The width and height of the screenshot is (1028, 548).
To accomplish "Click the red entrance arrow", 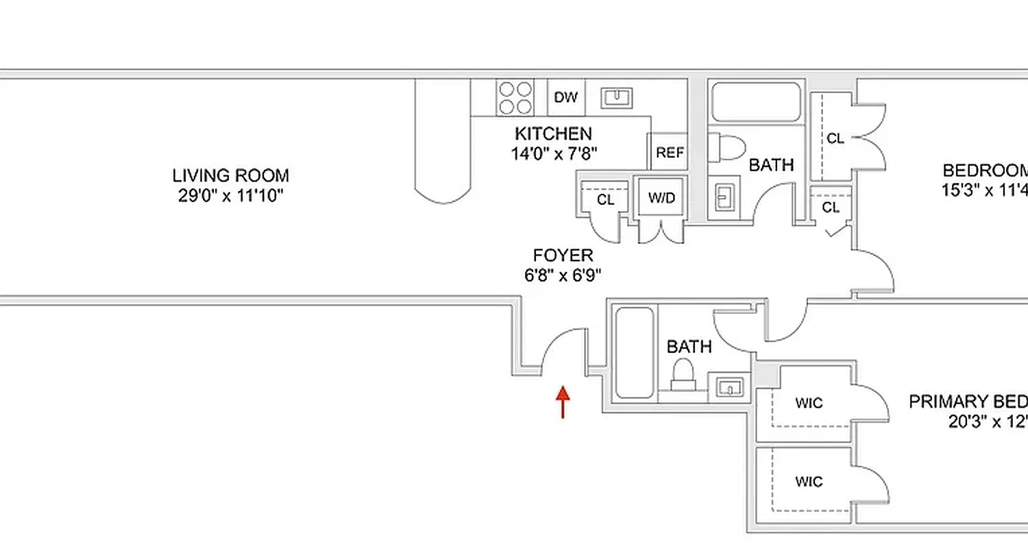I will [x=563, y=401].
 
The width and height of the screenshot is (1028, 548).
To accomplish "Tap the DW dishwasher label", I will [x=565, y=97].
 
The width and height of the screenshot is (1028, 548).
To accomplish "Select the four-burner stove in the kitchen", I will [x=515, y=97].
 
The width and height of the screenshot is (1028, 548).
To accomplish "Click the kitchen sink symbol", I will [x=617, y=98].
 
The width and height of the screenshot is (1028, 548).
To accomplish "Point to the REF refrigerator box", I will [x=670, y=153].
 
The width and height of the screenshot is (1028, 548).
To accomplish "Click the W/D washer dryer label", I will [x=661, y=198].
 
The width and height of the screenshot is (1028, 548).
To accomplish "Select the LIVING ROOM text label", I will [x=230, y=175].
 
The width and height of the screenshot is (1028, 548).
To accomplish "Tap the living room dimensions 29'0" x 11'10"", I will [x=230, y=196].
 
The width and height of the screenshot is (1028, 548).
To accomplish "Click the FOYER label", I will [x=563, y=256].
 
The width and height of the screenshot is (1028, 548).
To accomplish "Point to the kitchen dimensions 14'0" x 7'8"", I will [x=554, y=153].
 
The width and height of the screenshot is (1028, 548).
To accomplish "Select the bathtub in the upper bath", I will [x=756, y=102].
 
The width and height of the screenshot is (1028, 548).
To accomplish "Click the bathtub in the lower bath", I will [x=634, y=353].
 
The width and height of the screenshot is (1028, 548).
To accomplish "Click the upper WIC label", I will [x=809, y=403].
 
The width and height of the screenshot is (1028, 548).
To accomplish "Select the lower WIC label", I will [x=809, y=482].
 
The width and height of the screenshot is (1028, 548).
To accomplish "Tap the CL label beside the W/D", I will [x=605, y=200].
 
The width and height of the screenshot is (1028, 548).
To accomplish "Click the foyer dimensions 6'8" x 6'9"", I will [x=563, y=276].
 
